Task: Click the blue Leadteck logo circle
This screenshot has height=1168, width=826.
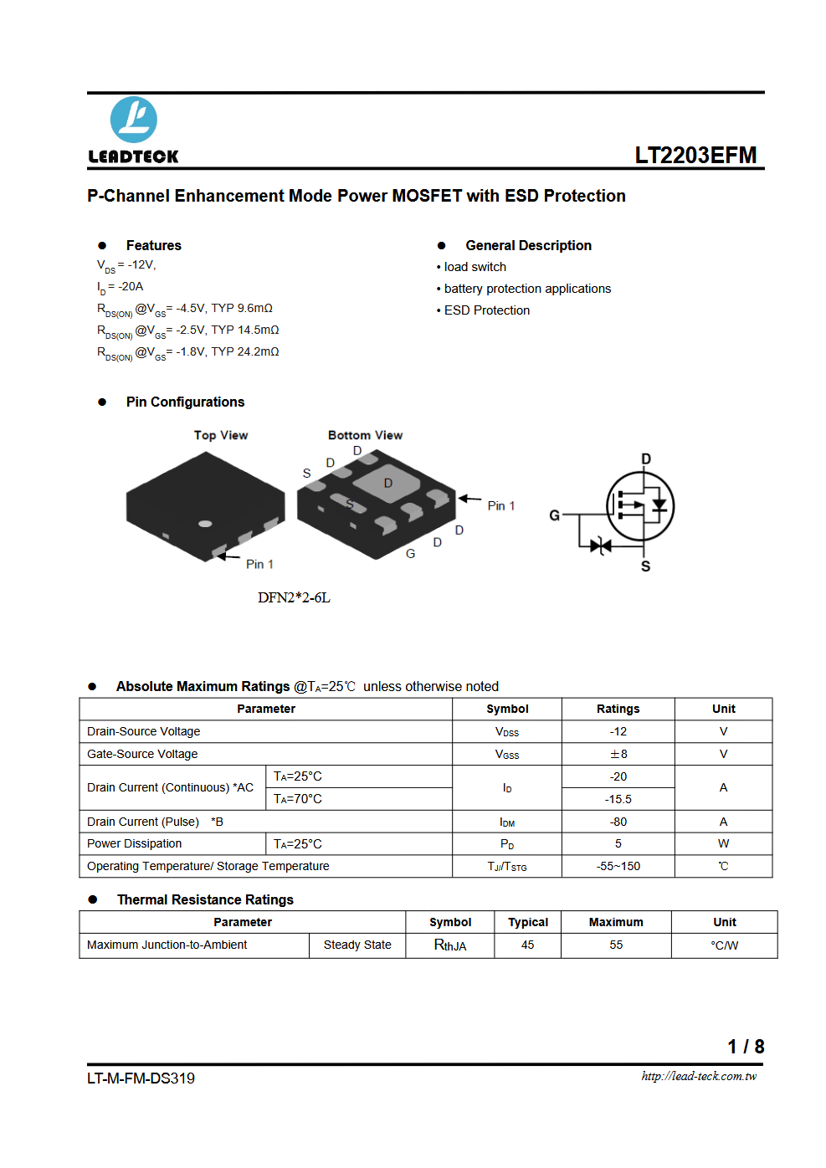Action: pyautogui.click(x=134, y=120)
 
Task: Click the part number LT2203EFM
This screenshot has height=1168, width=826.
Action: pyautogui.click(x=695, y=155)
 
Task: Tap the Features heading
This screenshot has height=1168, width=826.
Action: pyautogui.click(x=154, y=246)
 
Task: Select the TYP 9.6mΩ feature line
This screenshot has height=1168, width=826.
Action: pyautogui.click(x=185, y=309)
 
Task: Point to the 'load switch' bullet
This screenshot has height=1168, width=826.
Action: pyautogui.click(x=471, y=267)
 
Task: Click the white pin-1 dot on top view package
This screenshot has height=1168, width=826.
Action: pyautogui.click(x=205, y=524)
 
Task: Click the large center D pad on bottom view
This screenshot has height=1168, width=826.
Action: pyautogui.click(x=387, y=484)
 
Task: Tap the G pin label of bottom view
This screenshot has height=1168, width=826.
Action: pyautogui.click(x=410, y=554)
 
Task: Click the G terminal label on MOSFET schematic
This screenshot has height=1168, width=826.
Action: pyautogui.click(x=554, y=515)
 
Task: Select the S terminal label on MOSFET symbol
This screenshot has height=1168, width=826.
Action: pyautogui.click(x=645, y=566)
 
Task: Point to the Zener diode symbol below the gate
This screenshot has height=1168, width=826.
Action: pyautogui.click(x=600, y=546)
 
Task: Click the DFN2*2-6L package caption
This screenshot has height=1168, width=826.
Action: pyautogui.click(x=294, y=597)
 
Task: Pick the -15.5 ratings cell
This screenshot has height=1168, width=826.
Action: pyautogui.click(x=618, y=799)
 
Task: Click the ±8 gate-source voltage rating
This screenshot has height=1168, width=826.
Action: pyautogui.click(x=618, y=754)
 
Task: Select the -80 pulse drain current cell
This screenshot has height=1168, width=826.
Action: pyautogui.click(x=618, y=822)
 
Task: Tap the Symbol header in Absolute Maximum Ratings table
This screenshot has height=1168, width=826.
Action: pyautogui.click(x=507, y=709)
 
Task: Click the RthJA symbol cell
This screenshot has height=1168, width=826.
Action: pyautogui.click(x=450, y=945)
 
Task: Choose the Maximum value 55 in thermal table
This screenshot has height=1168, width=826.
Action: pyautogui.click(x=616, y=945)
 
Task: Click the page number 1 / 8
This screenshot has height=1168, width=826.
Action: pyautogui.click(x=746, y=1046)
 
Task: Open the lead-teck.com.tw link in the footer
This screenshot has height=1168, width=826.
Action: pyautogui.click(x=699, y=1076)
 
